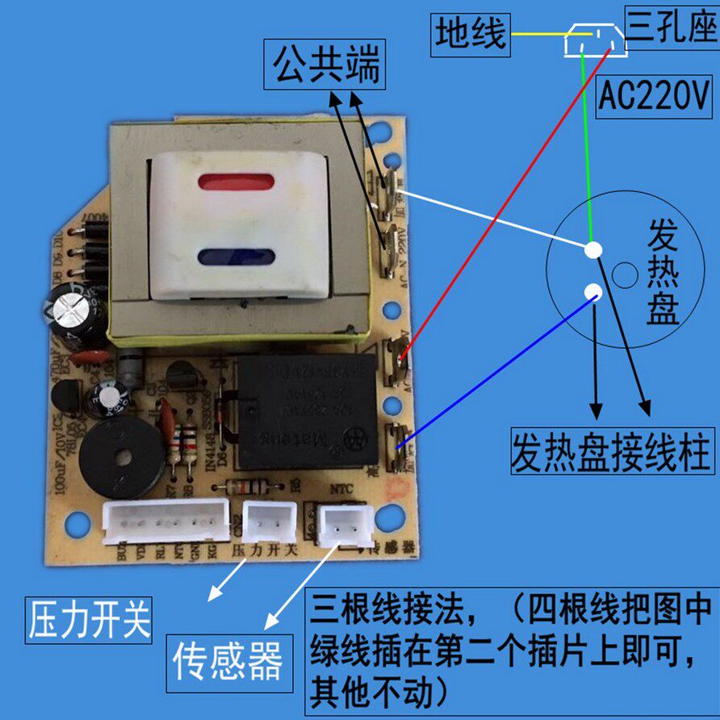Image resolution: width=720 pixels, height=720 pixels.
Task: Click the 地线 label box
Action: (471, 35)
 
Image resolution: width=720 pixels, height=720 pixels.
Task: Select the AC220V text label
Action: (654, 98)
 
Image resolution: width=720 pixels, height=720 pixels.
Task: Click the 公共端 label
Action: (325, 65)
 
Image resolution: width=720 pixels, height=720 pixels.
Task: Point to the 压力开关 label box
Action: (89, 619)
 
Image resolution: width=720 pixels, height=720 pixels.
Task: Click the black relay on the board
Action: (306, 412)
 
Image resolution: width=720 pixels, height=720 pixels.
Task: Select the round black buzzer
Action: (122, 456)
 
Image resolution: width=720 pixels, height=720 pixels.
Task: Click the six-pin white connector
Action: (166, 520)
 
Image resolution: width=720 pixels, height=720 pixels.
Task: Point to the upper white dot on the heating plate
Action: (593, 250)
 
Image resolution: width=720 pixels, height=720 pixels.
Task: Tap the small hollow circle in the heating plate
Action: (623, 275)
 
